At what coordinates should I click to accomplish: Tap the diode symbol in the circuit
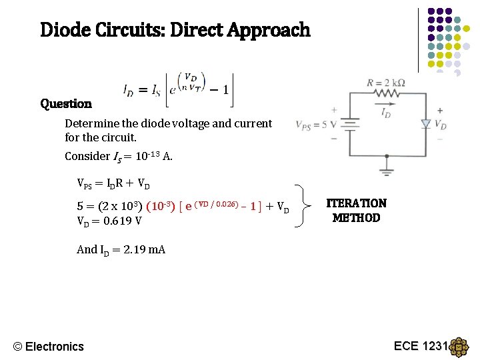coord(426,123)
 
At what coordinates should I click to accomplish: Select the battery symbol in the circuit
coord(348,124)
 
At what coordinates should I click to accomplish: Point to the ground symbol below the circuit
coord(387,162)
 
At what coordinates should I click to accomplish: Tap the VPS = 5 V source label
coord(311,125)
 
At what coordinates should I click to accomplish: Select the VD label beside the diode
coord(441,125)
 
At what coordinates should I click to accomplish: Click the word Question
coord(66,103)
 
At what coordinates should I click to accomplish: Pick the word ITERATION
coord(356,203)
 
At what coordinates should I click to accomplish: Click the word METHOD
coord(356,218)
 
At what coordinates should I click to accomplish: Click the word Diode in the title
coord(63,30)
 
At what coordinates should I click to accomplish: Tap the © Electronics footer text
coord(49,346)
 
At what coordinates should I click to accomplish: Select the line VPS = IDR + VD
coord(114,184)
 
